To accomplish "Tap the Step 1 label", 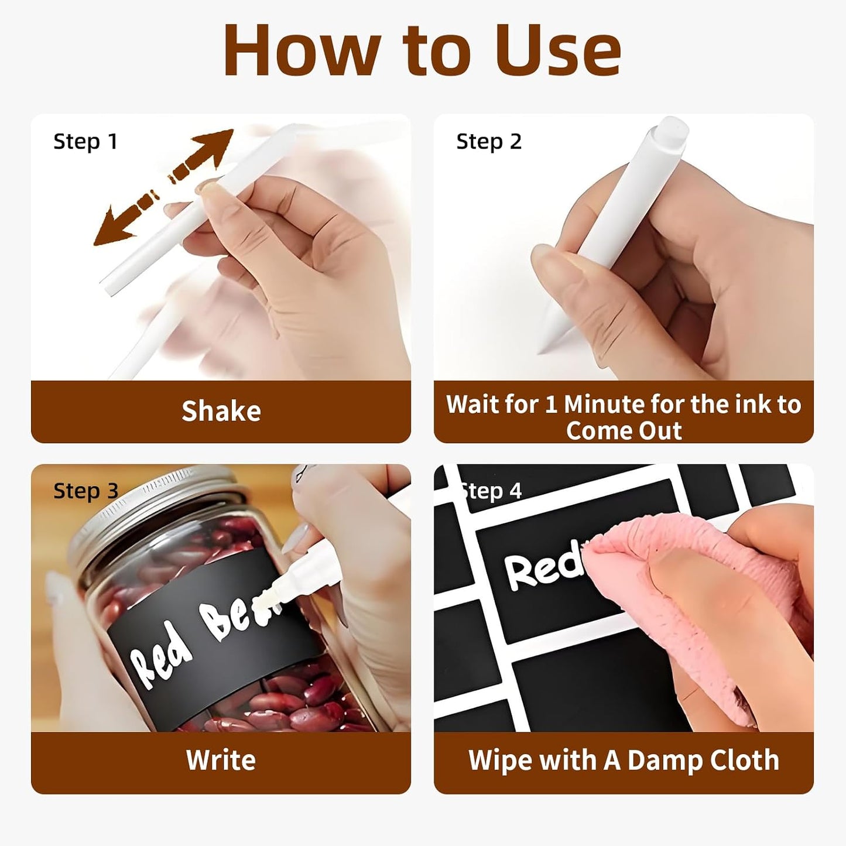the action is (x=85, y=142).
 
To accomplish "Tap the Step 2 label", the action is (x=489, y=142).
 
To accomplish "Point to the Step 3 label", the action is (x=85, y=491).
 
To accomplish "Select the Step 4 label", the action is (x=491, y=491).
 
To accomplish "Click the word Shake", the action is (x=221, y=411).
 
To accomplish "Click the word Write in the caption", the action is (x=221, y=760).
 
